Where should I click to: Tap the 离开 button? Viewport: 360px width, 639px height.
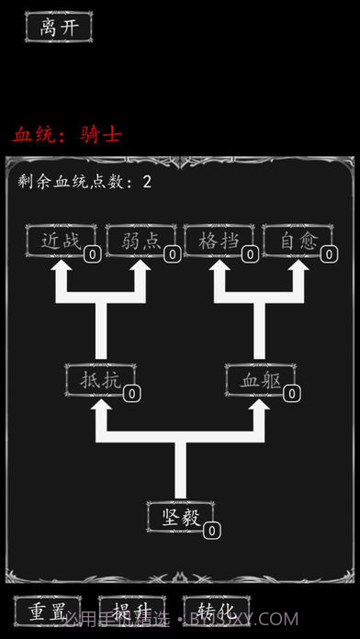(59, 27)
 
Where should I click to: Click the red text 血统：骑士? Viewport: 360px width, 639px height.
(67, 135)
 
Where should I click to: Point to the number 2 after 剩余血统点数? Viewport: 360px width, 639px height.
(147, 182)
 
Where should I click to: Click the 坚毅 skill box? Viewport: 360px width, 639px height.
(180, 516)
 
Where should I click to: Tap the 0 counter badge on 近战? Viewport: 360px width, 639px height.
(94, 254)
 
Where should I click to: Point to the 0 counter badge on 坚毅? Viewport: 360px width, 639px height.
(211, 530)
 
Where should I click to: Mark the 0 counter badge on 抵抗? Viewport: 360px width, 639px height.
(131, 393)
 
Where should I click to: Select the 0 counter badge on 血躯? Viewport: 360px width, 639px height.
(291, 393)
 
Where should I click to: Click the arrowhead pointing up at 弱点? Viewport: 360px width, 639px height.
(141, 271)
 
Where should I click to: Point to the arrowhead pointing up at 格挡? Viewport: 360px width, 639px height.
(220, 271)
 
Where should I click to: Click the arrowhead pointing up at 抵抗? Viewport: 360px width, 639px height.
(101, 409)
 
